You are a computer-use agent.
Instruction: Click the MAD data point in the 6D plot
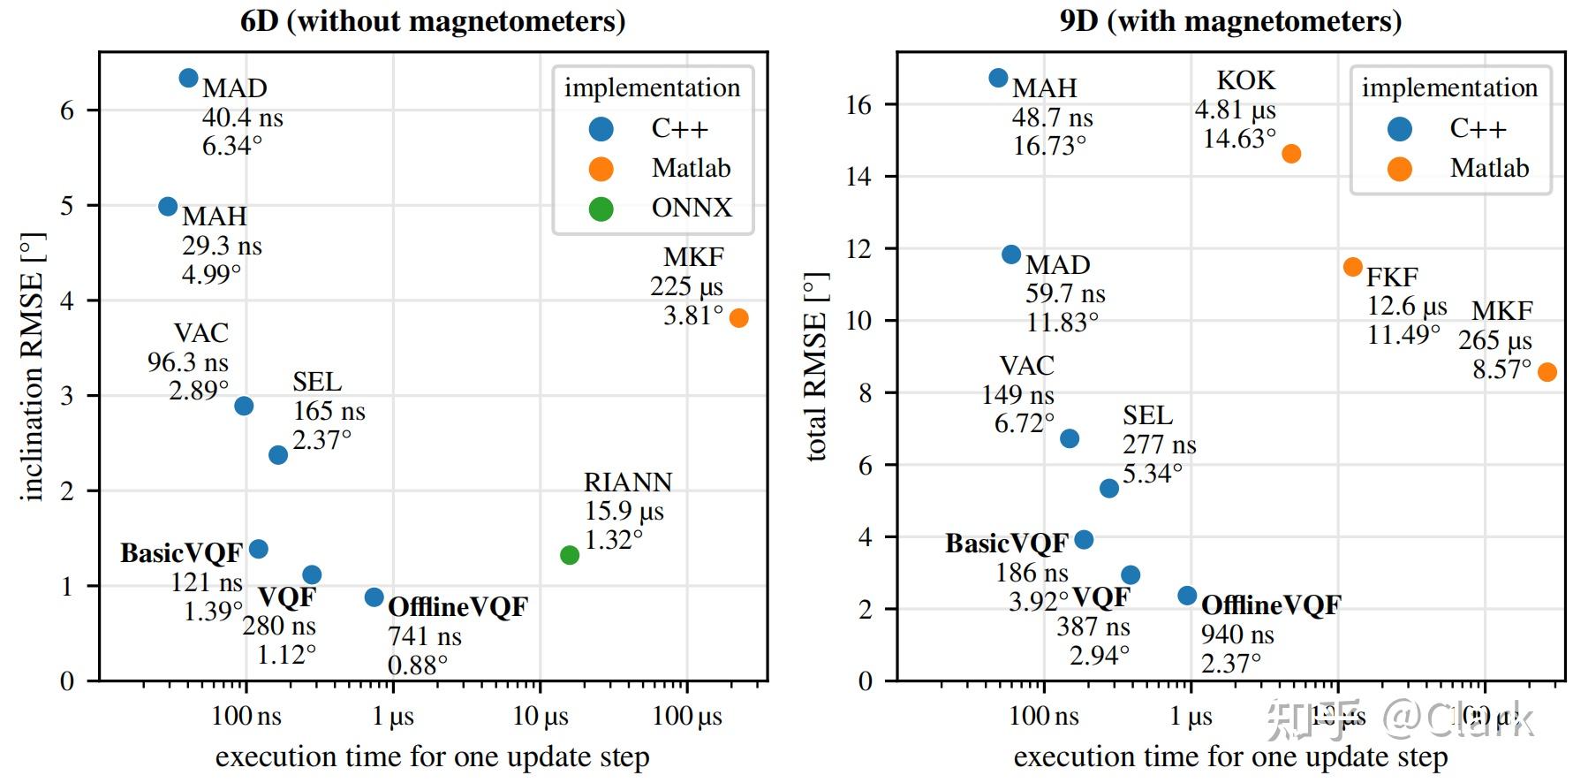tap(188, 78)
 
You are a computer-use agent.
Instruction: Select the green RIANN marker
tap(570, 555)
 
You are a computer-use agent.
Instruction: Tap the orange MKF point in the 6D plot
tap(739, 318)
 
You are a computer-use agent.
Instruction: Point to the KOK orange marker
tap(1291, 154)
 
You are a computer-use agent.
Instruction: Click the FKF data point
tap(1353, 267)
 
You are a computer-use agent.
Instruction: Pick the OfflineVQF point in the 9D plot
tap(1188, 596)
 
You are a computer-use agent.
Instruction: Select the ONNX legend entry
tap(691, 208)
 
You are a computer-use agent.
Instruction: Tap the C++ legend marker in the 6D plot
tap(601, 129)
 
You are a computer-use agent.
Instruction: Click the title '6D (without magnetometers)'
tap(433, 20)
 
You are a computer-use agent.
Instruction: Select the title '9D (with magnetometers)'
tap(1230, 20)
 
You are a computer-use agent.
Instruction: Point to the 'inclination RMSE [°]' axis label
tap(32, 367)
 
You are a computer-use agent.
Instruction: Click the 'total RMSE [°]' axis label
tap(816, 367)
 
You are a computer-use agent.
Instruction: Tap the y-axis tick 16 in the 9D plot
tap(858, 105)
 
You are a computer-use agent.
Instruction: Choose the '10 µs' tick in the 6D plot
tap(541, 716)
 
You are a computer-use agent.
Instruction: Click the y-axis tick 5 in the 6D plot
tap(67, 206)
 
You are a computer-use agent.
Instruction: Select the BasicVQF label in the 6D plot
tap(181, 553)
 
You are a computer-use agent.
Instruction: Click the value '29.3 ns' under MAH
tap(222, 246)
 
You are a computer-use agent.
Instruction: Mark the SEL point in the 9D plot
tap(1109, 489)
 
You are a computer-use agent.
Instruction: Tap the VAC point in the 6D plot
tap(244, 406)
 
